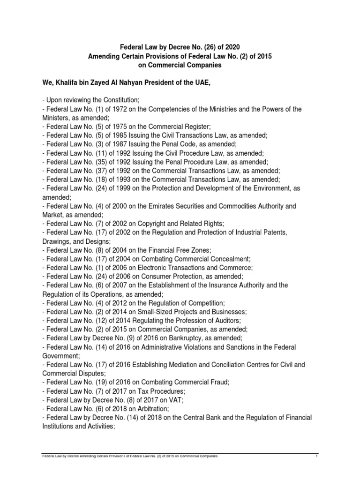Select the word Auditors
(226, 320)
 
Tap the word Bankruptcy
(187, 338)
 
